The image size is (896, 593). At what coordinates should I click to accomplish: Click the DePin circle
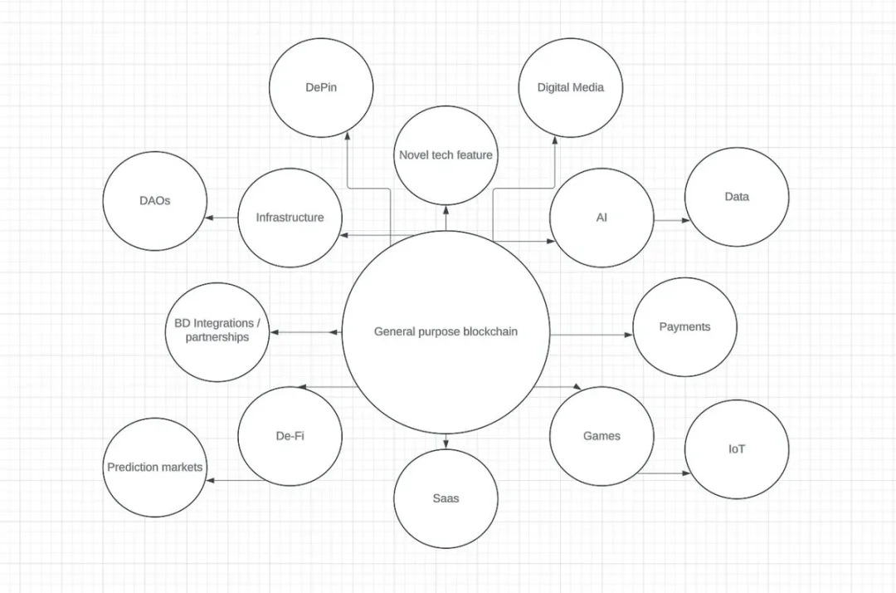click(321, 87)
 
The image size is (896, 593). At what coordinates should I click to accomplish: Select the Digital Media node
click(570, 87)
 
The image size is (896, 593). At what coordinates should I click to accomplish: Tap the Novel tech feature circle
click(446, 155)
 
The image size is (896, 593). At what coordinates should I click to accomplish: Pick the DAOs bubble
click(155, 201)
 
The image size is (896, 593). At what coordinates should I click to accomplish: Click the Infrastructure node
click(290, 218)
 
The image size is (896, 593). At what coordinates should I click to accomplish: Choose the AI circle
click(601, 218)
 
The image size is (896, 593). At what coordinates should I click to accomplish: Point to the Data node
click(737, 197)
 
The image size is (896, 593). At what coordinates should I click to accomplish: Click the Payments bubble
click(684, 327)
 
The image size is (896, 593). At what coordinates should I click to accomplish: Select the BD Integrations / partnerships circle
click(217, 331)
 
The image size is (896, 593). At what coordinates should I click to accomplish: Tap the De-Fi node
click(290, 436)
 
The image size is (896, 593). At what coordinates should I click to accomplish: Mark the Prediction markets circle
click(155, 468)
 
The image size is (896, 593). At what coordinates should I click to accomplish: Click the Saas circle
click(446, 498)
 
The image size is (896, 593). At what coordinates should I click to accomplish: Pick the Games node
click(601, 436)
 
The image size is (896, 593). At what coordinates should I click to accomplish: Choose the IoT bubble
click(737, 448)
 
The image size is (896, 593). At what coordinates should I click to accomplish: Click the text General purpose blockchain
click(446, 331)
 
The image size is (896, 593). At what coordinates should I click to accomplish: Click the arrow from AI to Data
click(672, 220)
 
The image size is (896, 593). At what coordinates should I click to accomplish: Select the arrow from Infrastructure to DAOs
click(222, 218)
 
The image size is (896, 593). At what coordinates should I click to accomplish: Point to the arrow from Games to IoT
click(664, 473)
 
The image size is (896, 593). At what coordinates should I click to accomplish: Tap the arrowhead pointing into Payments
click(629, 335)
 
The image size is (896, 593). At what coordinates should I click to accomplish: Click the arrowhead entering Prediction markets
click(210, 480)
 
